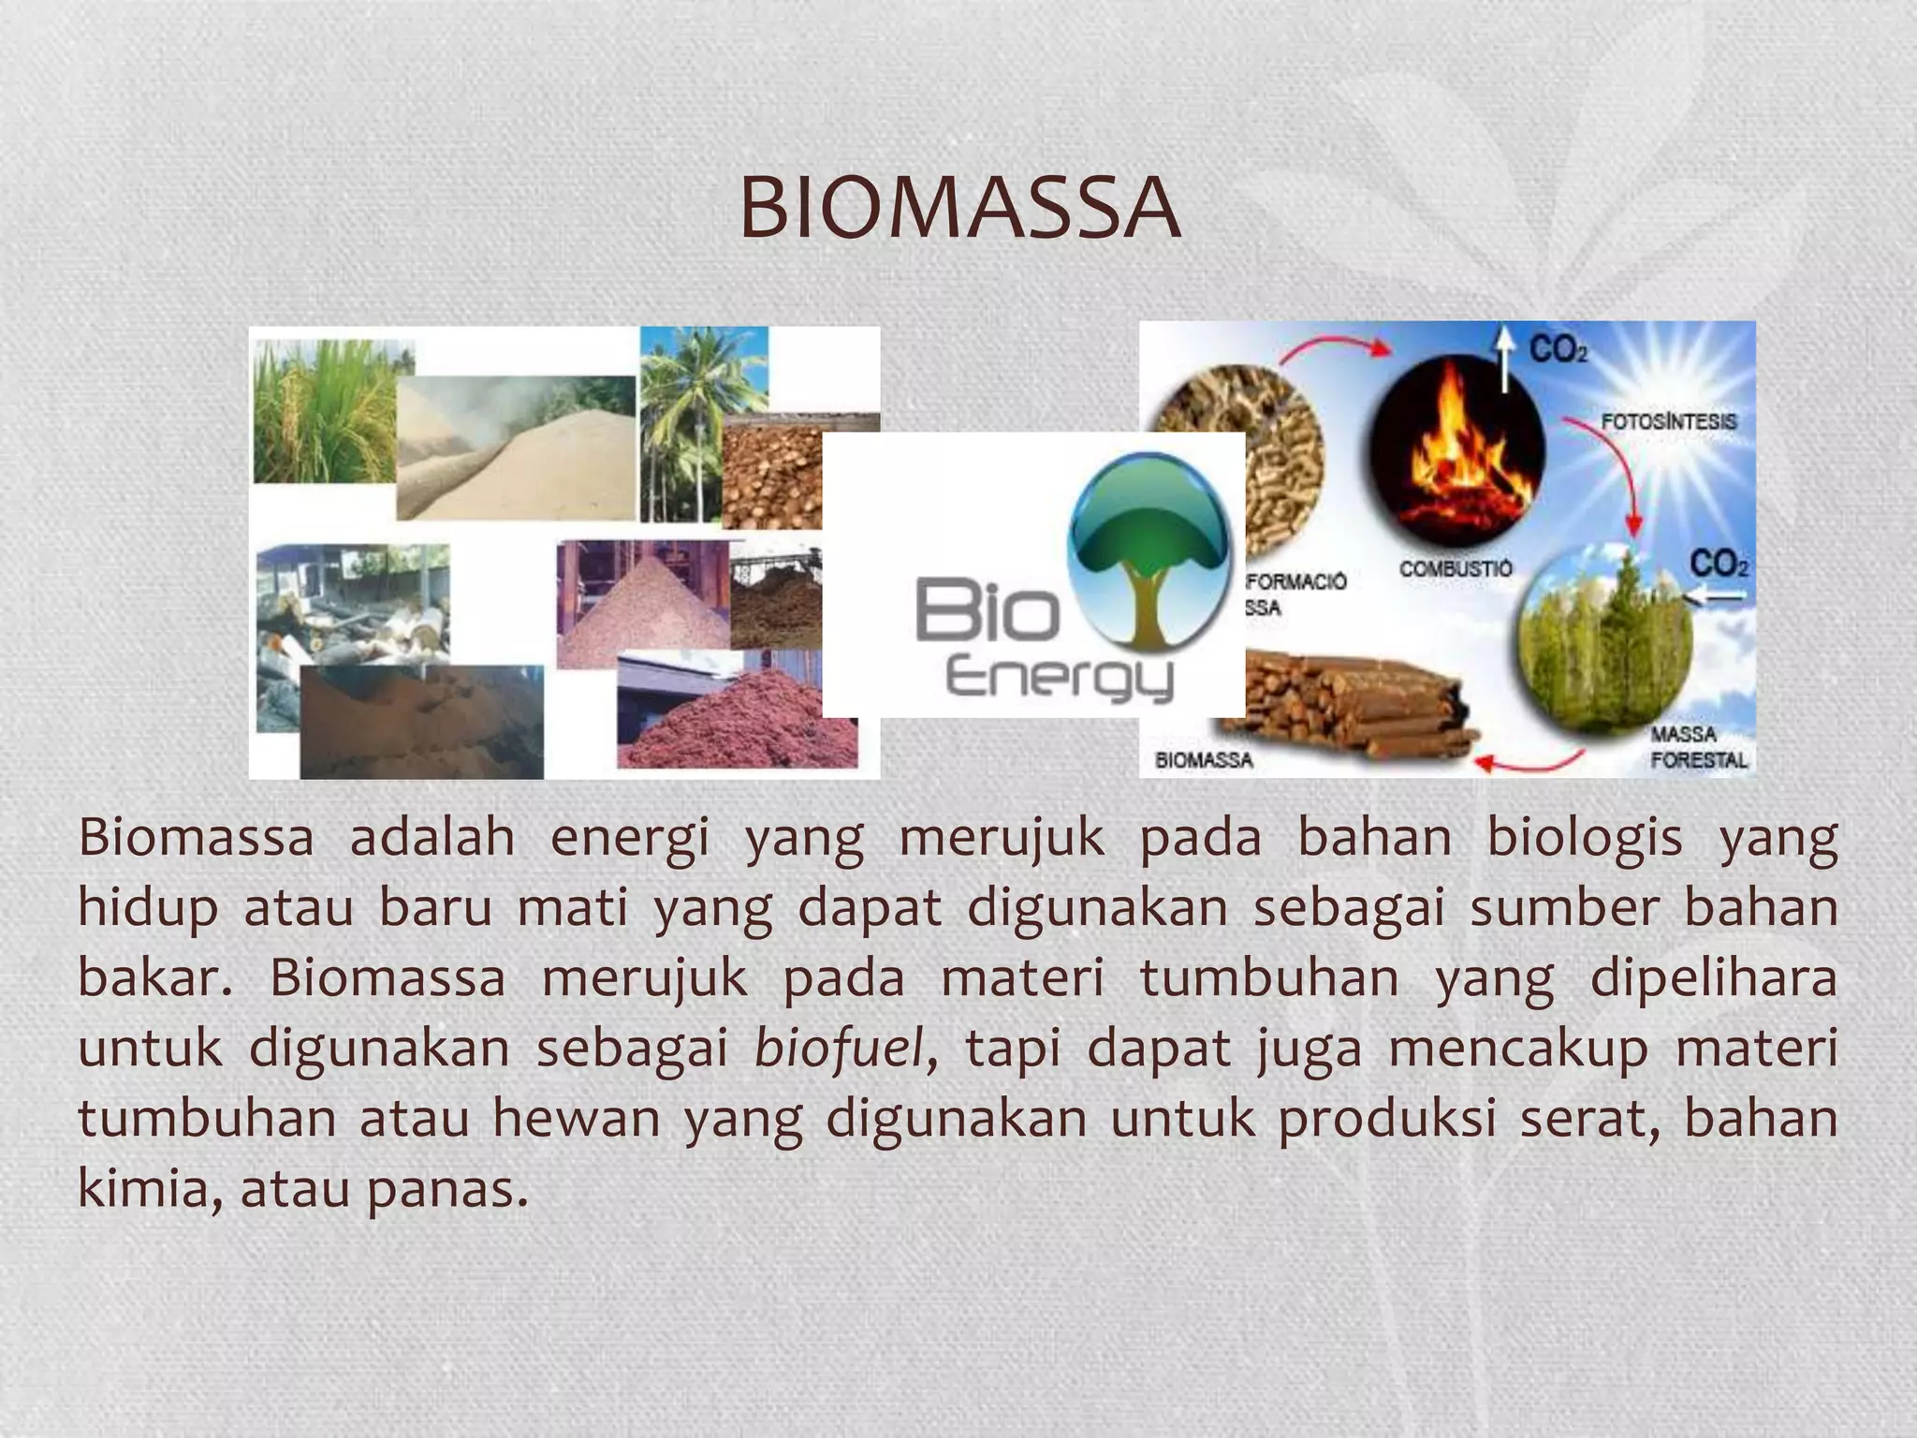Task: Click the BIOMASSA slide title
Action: click(958, 208)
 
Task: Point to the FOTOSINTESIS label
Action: click(1668, 421)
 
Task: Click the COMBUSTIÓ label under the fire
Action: click(1456, 568)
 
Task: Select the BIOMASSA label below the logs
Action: click(1204, 760)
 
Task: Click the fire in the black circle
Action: click(1456, 449)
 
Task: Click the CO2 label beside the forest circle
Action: click(1719, 565)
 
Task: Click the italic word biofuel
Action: click(838, 1049)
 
